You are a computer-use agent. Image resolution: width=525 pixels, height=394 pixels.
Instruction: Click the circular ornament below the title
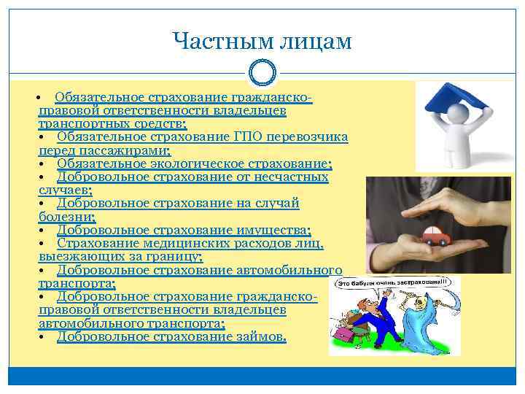click(x=262, y=73)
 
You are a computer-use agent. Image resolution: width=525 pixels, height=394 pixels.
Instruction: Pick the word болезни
click(x=66, y=217)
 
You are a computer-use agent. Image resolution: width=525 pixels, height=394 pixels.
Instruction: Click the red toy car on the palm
click(x=435, y=236)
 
